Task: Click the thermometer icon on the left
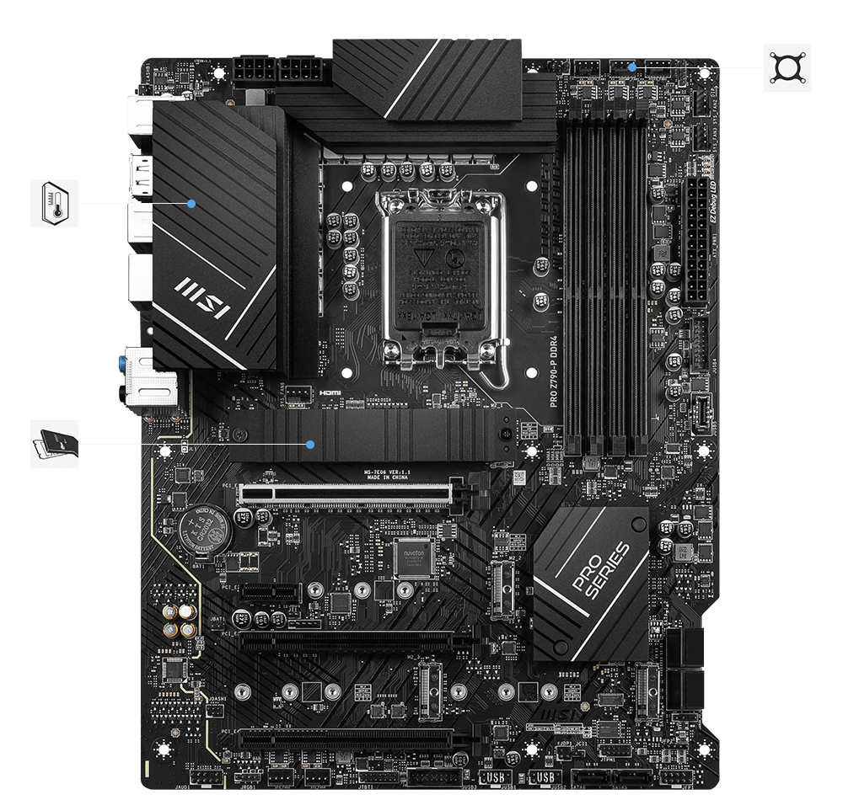click(x=55, y=203)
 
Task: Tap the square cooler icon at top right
click(x=788, y=67)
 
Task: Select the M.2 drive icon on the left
click(x=54, y=444)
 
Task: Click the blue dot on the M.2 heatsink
click(x=312, y=443)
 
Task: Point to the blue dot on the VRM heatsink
click(x=192, y=203)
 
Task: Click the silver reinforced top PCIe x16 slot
click(x=346, y=493)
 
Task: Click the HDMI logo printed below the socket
click(x=329, y=393)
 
